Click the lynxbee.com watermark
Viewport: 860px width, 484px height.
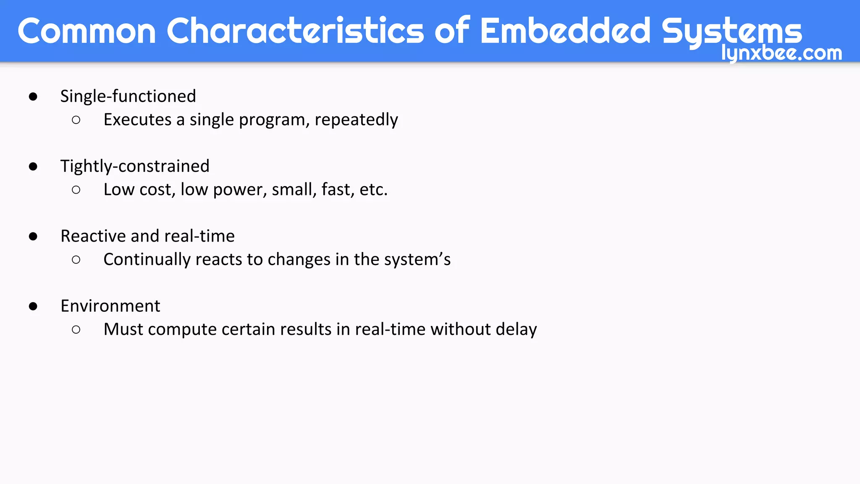pos(781,53)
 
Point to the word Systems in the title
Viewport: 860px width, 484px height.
pos(732,32)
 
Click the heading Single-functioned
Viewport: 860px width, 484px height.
pos(128,96)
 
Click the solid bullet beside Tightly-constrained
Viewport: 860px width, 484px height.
pos(33,166)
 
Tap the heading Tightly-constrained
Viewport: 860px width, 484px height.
pos(135,166)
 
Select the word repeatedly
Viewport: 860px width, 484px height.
pos(356,120)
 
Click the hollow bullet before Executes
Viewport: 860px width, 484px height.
pos(76,120)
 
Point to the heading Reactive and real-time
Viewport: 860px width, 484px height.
pos(147,236)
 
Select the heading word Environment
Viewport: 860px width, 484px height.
pos(110,306)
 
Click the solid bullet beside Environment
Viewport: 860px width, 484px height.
pos(33,306)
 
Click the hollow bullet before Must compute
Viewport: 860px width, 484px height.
pos(76,329)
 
